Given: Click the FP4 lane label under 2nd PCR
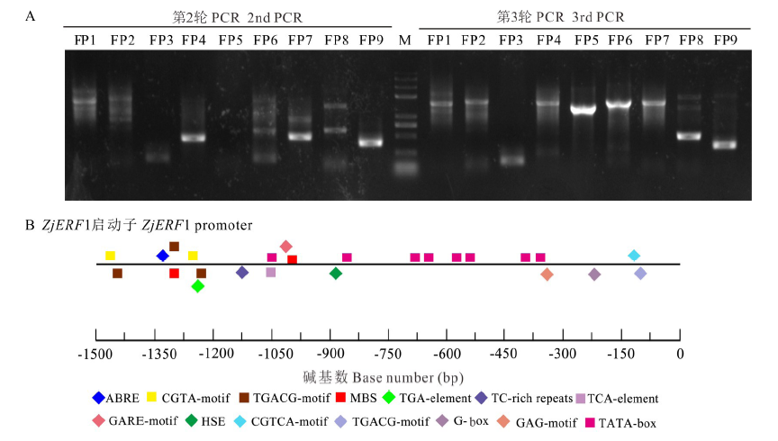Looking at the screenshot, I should [194, 40].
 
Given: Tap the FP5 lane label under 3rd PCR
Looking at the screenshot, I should [586, 40].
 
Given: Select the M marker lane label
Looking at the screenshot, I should [404, 40].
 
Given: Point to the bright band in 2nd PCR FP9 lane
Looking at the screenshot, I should [370, 142].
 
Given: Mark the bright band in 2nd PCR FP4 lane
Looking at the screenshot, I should [194, 138].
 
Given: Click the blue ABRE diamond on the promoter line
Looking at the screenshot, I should [162, 256].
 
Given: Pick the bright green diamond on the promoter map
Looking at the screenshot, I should [198, 286].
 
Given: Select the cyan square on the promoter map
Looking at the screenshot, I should [634, 256].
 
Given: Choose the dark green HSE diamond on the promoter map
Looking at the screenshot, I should [336, 274].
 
